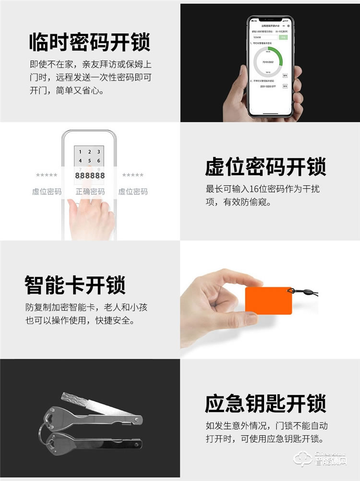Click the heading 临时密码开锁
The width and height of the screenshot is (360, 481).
pos(89,42)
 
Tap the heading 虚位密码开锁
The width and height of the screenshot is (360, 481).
pos(265,167)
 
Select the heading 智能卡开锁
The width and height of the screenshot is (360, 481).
pos(75,285)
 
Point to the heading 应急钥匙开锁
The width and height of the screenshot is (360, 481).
pos(265,403)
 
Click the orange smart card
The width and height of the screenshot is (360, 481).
pos(268,301)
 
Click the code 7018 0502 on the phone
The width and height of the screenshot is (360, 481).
pos(268,63)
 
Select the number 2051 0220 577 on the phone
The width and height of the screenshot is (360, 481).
pos(268,86)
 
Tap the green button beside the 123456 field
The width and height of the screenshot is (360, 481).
pos(283,37)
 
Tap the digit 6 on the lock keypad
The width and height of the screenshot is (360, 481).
pos(98,161)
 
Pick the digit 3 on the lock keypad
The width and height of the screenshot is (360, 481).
pos(98,152)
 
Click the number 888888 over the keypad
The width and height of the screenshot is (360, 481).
pos(90,176)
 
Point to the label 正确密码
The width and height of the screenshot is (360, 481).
pos(90,192)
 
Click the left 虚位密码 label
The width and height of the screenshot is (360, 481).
pos(47,192)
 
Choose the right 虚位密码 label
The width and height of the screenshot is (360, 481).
pos(133,192)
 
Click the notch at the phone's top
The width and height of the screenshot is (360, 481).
pos(269,19)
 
